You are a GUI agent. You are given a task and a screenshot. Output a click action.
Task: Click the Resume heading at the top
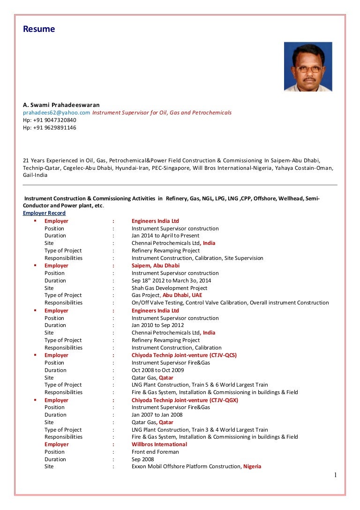(x=39, y=29)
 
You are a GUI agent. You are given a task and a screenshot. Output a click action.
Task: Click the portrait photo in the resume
(x=308, y=67)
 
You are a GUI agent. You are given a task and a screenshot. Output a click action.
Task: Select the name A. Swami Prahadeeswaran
(x=61, y=105)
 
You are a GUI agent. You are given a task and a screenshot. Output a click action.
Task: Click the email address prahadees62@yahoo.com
(x=57, y=113)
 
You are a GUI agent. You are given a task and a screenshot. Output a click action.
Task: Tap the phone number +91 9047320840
(x=50, y=120)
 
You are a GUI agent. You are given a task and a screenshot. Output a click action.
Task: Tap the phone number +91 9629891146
(x=50, y=128)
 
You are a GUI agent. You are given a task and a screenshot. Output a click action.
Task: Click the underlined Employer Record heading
(x=45, y=213)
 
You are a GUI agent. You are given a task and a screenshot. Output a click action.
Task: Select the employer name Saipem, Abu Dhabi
(x=155, y=266)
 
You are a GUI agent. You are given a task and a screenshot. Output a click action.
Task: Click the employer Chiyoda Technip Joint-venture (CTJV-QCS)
(x=184, y=355)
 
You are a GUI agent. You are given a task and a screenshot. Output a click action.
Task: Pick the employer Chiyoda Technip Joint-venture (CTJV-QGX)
(x=185, y=400)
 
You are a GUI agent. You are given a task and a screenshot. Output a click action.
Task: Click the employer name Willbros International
(x=159, y=444)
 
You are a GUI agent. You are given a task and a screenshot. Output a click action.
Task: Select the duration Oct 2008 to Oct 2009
(x=157, y=370)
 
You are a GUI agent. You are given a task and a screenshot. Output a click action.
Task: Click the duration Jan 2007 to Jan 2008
(x=157, y=415)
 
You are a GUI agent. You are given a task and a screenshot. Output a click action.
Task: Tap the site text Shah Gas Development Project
(x=169, y=288)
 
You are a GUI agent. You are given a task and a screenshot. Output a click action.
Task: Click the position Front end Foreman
(x=155, y=452)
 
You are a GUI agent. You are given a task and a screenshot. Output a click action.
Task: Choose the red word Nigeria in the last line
(x=252, y=466)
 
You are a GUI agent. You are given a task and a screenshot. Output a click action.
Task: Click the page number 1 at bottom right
(x=335, y=475)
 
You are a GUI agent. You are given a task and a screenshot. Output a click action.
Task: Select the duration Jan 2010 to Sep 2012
(x=157, y=325)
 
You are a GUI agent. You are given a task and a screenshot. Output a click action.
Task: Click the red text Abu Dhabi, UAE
(x=182, y=295)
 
